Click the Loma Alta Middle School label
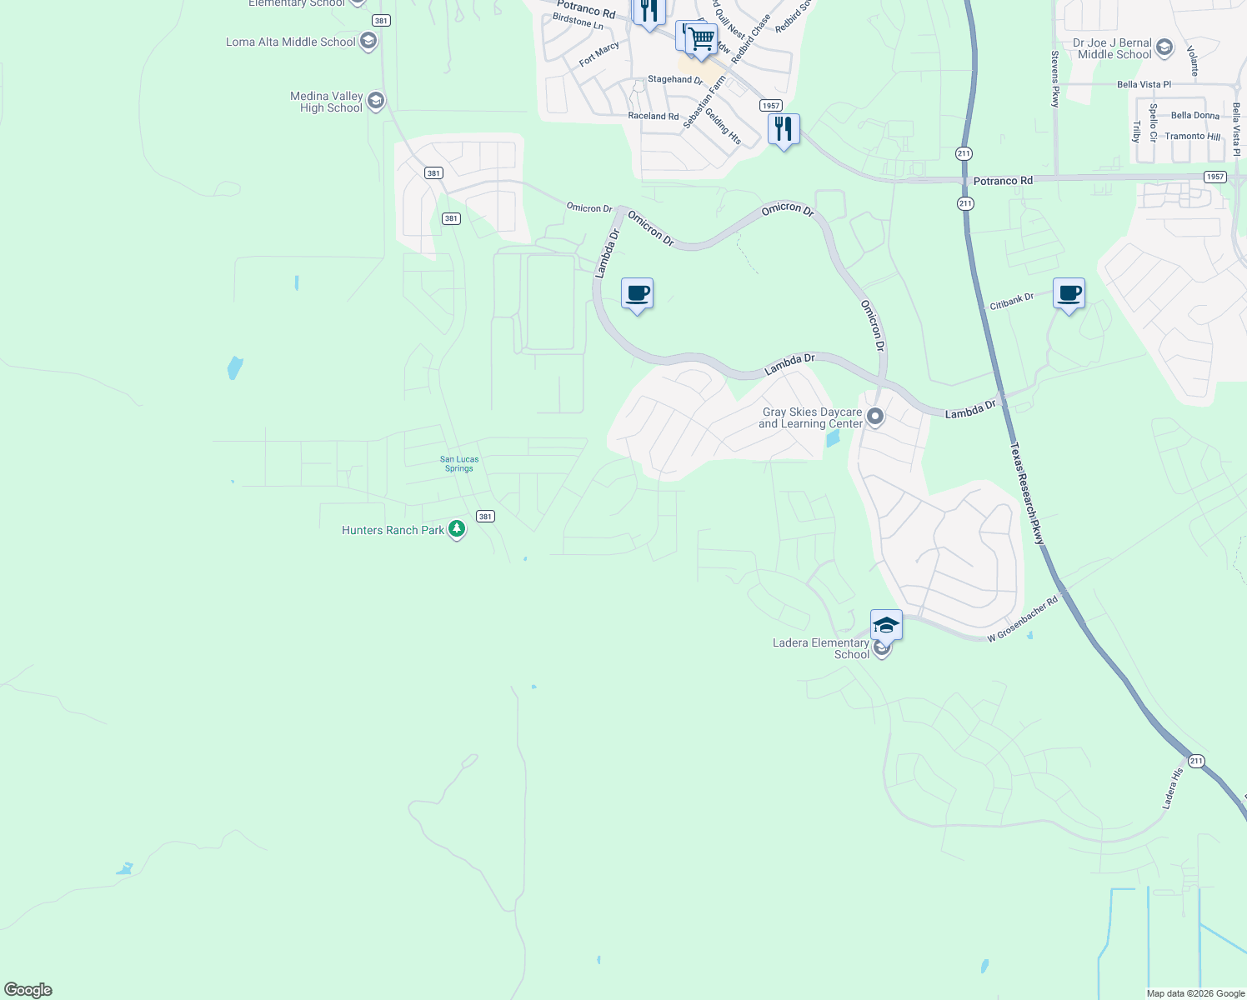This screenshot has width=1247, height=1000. [x=290, y=42]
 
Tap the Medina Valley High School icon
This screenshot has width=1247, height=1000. [x=375, y=102]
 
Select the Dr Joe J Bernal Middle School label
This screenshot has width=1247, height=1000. [x=1114, y=48]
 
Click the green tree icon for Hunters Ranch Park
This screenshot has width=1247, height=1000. [x=456, y=529]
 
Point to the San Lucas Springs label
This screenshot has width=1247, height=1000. [x=459, y=464]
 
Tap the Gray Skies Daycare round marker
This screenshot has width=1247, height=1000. [x=874, y=416]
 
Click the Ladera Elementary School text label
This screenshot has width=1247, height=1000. [x=821, y=648]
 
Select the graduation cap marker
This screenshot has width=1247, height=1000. [x=885, y=625]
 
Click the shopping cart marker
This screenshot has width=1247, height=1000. [x=702, y=38]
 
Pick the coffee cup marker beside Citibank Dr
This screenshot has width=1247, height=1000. [x=1069, y=293]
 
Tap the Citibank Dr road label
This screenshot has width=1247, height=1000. [x=1011, y=302]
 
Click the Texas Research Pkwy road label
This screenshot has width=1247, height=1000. [x=1027, y=493]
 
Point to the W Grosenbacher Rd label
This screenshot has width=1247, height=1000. [x=1022, y=618]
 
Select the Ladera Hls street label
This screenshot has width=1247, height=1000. [x=1172, y=788]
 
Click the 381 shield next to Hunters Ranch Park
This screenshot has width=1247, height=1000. [x=485, y=517]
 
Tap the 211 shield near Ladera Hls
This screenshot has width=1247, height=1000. [x=1196, y=761]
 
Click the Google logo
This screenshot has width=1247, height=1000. [x=28, y=990]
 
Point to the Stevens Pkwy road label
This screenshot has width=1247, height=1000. [x=1055, y=79]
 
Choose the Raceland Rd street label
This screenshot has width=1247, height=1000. [x=653, y=117]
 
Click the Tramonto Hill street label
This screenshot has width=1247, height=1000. [x=1192, y=137]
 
